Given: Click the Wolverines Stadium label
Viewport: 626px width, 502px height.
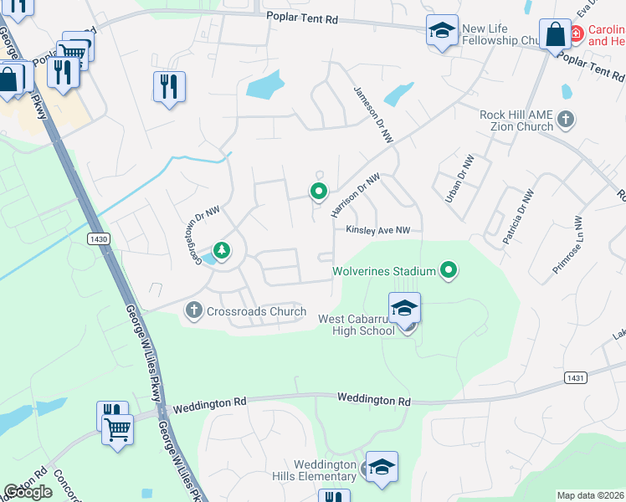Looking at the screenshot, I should [x=383, y=271].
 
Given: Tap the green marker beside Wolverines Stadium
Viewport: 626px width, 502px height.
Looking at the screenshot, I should [x=449, y=269].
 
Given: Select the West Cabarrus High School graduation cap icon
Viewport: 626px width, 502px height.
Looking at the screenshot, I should [x=404, y=308].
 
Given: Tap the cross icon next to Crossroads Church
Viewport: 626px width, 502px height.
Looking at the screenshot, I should [x=193, y=312].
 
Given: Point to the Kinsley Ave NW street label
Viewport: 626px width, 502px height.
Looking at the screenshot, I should [x=378, y=230].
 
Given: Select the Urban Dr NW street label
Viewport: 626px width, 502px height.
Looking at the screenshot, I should [x=460, y=178].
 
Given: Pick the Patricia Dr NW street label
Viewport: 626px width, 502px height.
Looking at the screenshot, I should [x=515, y=214].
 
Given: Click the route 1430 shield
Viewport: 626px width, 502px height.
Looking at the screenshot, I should [x=98, y=239].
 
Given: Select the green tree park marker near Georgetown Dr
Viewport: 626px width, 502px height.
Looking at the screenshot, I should [x=222, y=248].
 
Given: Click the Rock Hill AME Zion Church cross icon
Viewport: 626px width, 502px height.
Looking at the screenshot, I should [x=566, y=119].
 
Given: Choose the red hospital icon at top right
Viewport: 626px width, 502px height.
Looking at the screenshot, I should [x=577, y=34].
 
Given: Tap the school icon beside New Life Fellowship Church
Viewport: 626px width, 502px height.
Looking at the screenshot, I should [x=442, y=31].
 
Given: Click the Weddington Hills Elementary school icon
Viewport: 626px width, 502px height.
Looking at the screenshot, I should [x=382, y=467].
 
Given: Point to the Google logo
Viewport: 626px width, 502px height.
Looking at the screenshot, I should [x=28, y=492].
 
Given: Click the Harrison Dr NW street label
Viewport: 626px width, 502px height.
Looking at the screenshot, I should [x=356, y=193].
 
